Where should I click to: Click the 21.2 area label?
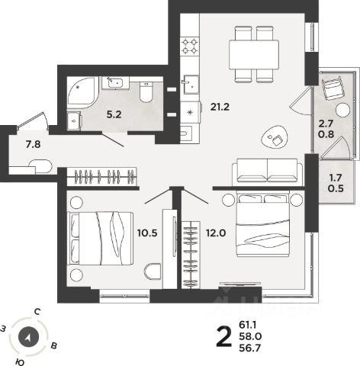pos(220,107)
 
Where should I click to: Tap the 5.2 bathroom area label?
pos(114,115)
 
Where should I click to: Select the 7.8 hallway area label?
pos(34,145)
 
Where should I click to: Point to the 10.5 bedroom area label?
pos(147,233)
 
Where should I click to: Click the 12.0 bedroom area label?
pos(216,233)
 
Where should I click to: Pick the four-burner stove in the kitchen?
pos(190,47)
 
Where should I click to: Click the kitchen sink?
pos(190,85)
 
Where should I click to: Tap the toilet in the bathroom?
pos(146,91)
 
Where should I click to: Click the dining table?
pos(254,54)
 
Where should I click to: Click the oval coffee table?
pos(275,137)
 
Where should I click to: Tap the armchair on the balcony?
pos(333,88)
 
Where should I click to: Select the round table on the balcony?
pos(342,110)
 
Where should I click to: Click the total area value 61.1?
pos(248,325)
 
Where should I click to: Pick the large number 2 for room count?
pos(224,336)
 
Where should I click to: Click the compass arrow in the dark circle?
pos(28,338)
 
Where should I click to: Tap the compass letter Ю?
pos(19,361)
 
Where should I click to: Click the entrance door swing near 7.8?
pos(33,120)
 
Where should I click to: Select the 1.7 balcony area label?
pos(336,178)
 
